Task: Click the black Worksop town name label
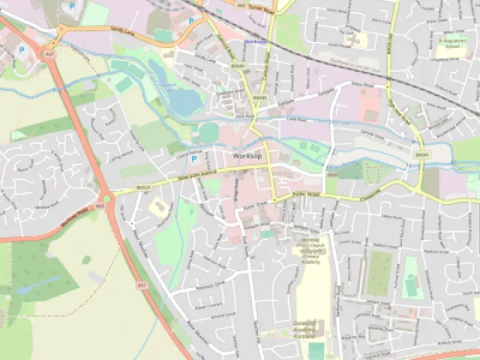(x=247, y=155)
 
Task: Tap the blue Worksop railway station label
(x=255, y=41)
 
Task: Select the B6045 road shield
(x=260, y=97)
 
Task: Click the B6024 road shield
(x=143, y=189)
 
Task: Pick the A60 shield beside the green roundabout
(x=99, y=206)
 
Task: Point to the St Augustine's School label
(x=449, y=45)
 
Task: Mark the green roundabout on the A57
(x=107, y=197)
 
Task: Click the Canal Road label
(x=277, y=121)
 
